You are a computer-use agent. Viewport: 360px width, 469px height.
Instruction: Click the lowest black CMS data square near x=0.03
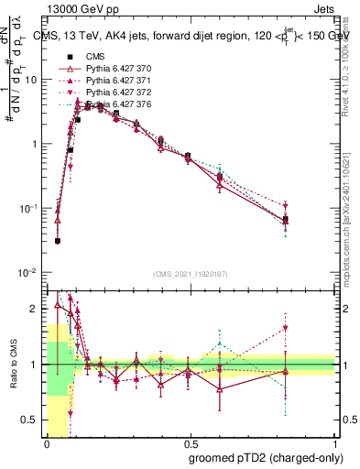(x=57, y=241)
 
